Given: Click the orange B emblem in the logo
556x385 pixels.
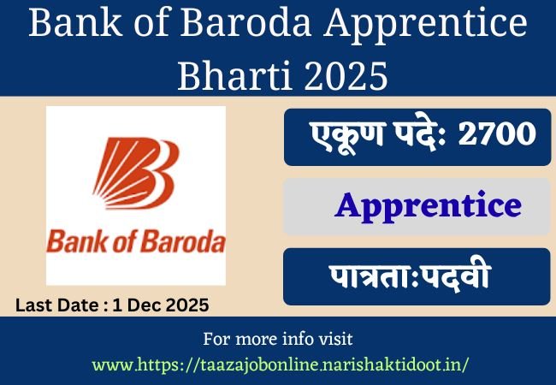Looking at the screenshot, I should (x=136, y=172).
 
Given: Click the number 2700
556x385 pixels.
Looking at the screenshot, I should (x=495, y=135).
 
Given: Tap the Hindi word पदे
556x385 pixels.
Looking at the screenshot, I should (x=419, y=135).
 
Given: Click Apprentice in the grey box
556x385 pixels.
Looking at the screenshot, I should (x=428, y=205).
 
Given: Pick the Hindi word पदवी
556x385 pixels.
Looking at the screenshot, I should (x=465, y=277).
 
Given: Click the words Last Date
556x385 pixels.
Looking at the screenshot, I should (x=52, y=304).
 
